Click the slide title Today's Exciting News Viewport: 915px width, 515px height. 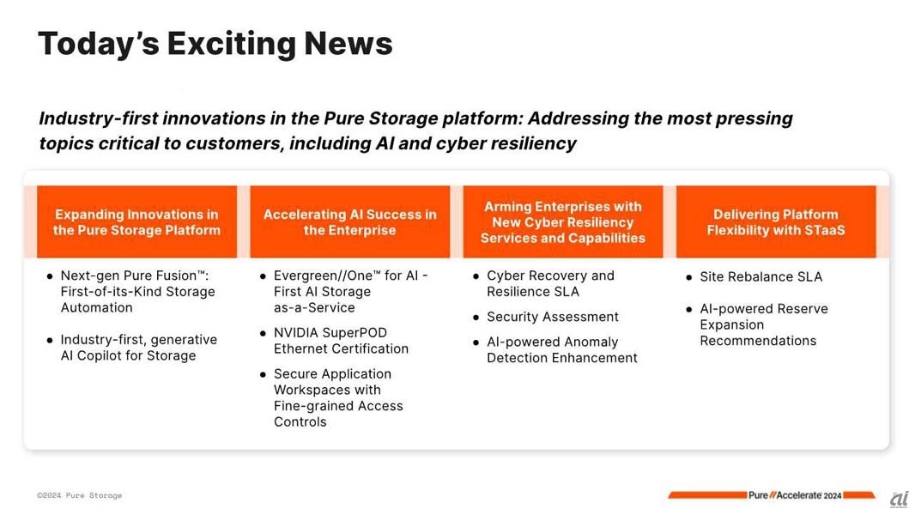click(x=215, y=45)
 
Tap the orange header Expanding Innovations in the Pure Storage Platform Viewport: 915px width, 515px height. click(x=136, y=221)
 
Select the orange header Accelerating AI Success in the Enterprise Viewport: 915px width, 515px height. click(x=349, y=221)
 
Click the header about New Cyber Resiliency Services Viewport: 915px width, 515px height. click(x=562, y=221)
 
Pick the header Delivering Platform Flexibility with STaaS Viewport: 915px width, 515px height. click(x=776, y=221)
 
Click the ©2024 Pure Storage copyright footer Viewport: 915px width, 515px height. click(x=79, y=495)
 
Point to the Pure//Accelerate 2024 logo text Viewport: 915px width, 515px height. click(x=795, y=495)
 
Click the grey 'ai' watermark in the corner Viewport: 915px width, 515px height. click(x=900, y=500)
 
